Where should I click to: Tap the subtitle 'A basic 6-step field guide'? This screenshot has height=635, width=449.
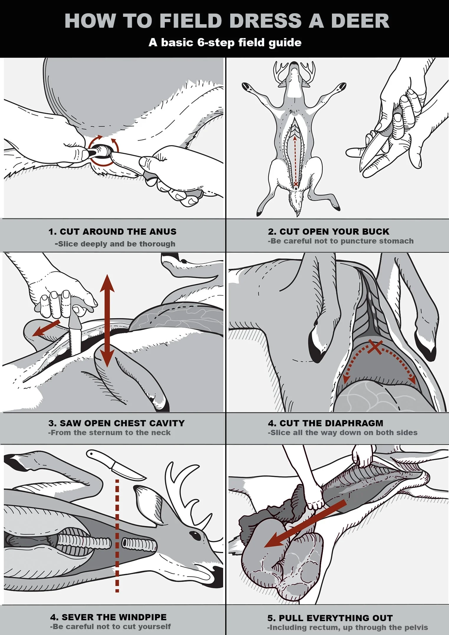(x=225, y=42)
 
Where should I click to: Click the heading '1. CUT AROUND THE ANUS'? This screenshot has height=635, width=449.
(x=112, y=231)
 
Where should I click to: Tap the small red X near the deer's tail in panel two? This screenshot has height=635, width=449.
(x=296, y=184)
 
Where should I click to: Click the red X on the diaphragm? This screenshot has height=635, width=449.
(x=375, y=346)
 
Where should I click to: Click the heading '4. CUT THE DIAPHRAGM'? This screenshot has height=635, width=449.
(x=325, y=423)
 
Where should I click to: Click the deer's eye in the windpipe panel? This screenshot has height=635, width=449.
(x=194, y=534)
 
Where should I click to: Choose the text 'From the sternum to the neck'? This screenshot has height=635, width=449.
(x=109, y=433)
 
